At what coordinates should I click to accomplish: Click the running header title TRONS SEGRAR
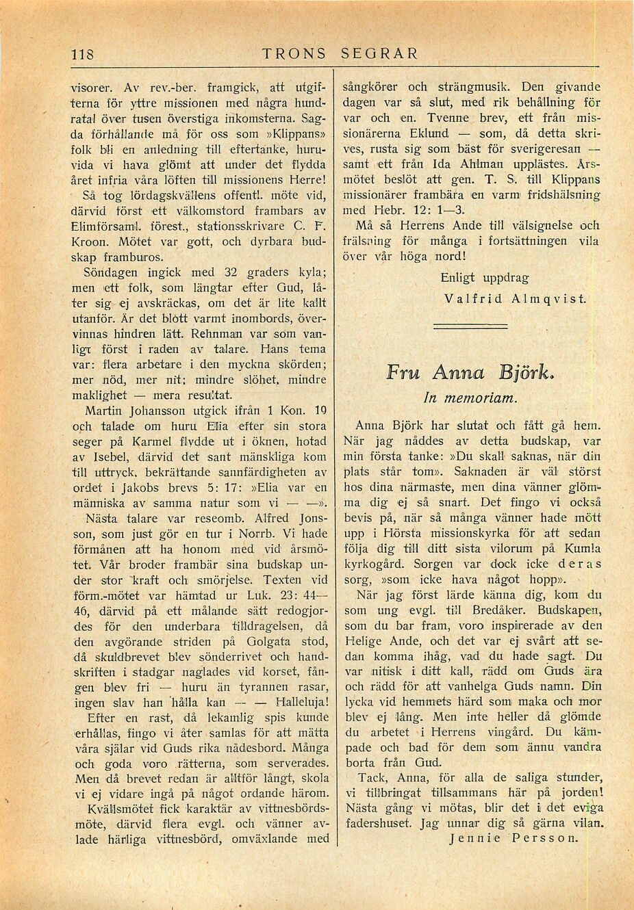tap(340, 53)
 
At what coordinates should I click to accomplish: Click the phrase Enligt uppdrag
tap(485, 278)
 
